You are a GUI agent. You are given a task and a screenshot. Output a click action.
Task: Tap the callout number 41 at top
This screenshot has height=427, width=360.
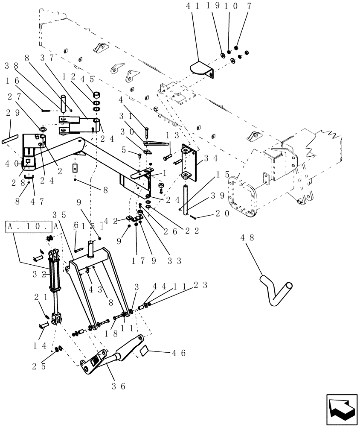tap(192, 6)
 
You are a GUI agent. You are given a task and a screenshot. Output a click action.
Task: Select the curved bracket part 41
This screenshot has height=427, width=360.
tap(200, 68)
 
